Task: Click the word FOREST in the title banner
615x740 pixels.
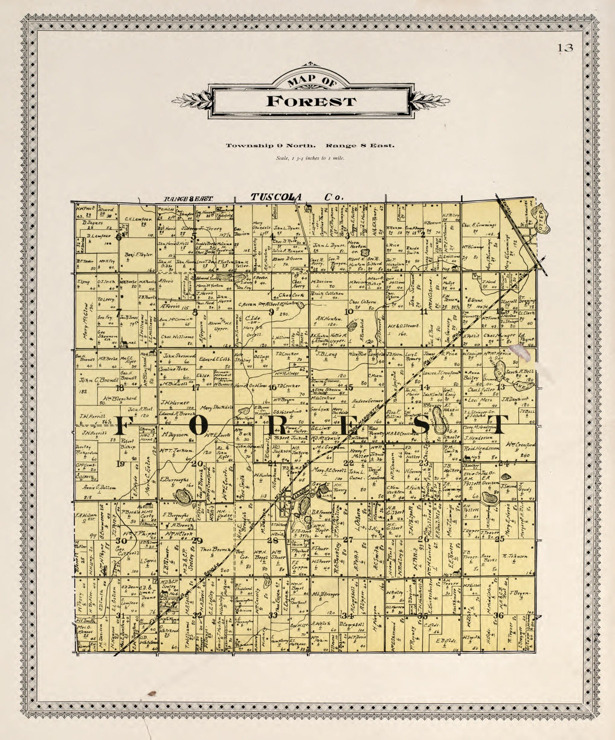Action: (311, 101)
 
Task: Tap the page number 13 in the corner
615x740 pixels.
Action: (565, 48)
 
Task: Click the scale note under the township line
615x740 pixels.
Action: (310, 158)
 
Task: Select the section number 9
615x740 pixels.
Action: (271, 312)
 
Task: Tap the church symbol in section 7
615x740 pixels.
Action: (124, 342)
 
